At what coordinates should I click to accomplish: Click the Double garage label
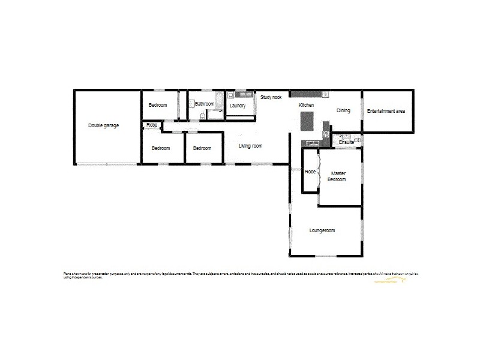103,125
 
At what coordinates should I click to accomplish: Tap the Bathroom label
205,104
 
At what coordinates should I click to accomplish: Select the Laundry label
238,106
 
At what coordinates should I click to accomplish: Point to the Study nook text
271,97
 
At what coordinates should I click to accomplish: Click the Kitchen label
307,105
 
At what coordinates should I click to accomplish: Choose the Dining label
343,110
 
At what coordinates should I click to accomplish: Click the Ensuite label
346,142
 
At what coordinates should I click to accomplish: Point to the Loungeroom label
322,230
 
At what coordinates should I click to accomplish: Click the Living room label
251,146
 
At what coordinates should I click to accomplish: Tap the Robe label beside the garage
152,125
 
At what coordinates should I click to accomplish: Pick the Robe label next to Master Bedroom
310,172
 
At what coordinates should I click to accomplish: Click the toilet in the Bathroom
202,115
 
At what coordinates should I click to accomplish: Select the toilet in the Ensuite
358,140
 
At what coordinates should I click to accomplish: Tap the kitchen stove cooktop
326,134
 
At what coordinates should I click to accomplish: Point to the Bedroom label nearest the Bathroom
158,105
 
